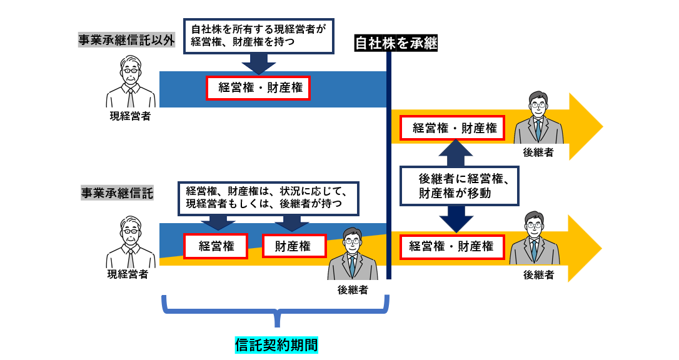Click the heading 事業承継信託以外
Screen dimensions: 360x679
click(126, 41)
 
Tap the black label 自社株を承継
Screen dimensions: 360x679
click(395, 43)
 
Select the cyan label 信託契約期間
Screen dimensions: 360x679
click(276, 344)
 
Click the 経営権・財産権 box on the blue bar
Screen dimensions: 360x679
click(259, 88)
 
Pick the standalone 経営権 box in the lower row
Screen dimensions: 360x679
click(216, 246)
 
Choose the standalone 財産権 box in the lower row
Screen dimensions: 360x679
click(293, 246)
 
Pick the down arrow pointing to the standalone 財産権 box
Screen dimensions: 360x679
click(292, 222)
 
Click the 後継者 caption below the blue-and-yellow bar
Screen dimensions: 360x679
click(353, 289)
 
